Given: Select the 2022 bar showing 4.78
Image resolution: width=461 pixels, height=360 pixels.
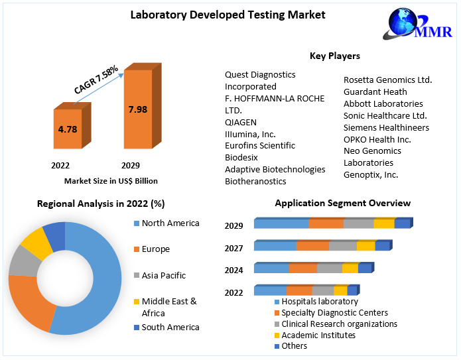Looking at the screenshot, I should (68, 129).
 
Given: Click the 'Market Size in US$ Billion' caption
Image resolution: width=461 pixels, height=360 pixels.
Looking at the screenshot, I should (111, 180).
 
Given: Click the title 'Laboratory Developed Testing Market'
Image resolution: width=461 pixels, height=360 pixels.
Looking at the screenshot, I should (228, 14).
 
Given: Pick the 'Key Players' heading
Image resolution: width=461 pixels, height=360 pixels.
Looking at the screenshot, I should (335, 56).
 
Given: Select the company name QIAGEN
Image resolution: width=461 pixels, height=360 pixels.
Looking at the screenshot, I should (241, 122).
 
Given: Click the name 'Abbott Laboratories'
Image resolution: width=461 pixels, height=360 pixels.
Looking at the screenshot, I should (383, 103).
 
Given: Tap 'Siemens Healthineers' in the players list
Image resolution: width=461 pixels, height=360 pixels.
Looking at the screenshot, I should (386, 127).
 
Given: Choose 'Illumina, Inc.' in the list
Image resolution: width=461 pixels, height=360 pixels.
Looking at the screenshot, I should (251, 133).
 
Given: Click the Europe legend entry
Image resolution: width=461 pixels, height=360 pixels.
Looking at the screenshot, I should (155, 249).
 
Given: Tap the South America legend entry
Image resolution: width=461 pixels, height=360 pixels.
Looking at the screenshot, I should (170, 327).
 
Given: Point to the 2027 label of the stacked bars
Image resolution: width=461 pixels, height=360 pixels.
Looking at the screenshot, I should (233, 247).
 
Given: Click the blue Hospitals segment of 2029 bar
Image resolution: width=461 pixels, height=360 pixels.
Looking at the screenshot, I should (281, 223).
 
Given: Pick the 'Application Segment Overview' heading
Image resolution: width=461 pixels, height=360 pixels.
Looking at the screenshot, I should (342, 203).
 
